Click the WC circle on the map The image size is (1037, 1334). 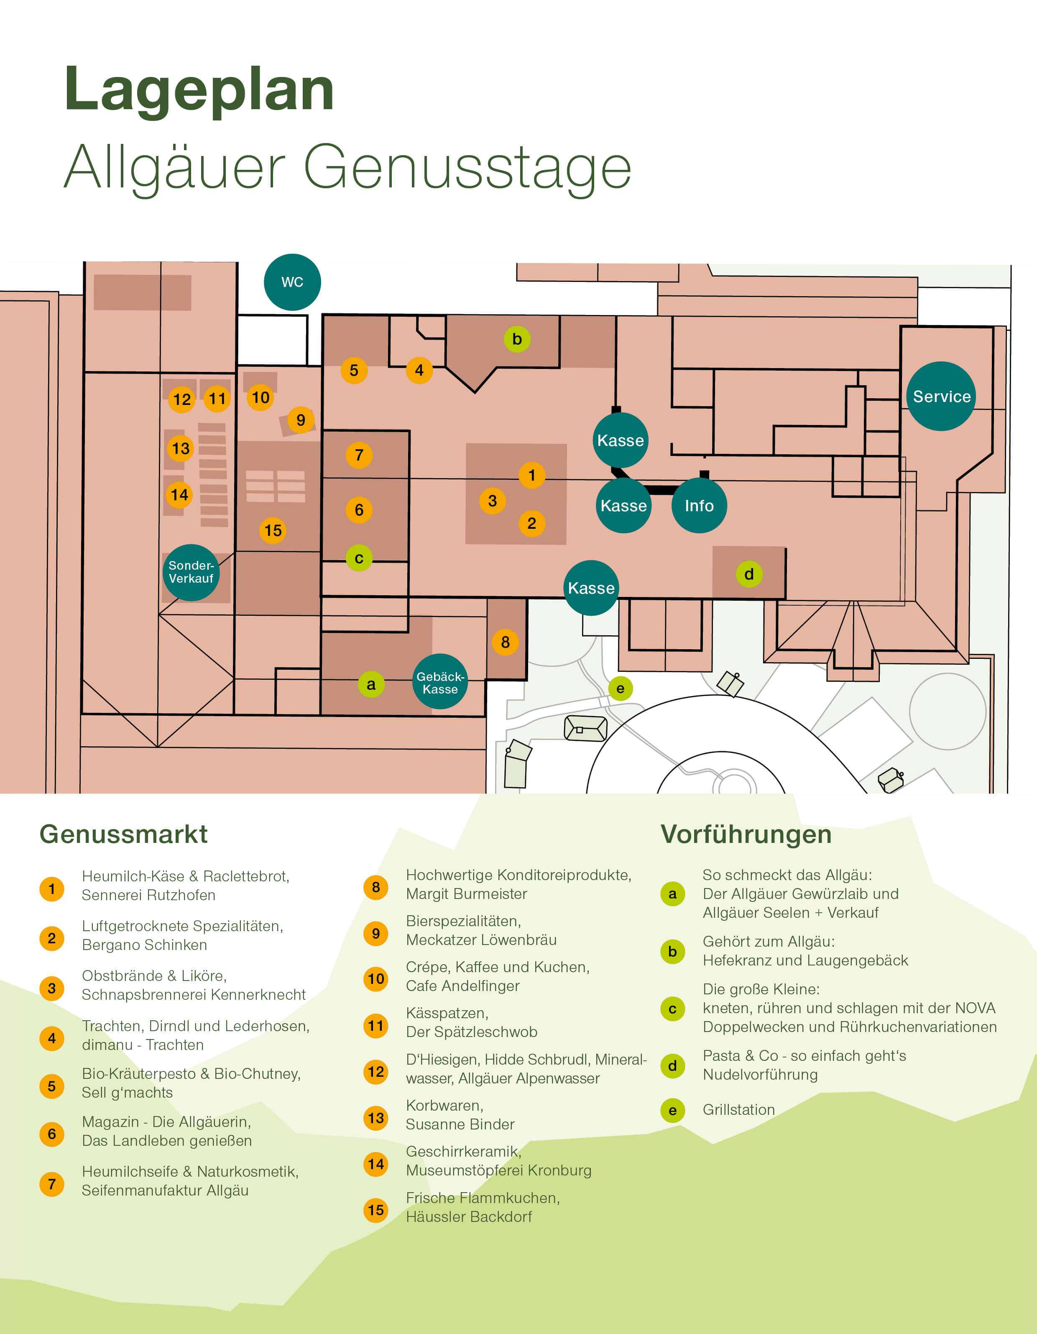click(x=292, y=282)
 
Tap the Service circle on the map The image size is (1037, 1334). click(x=941, y=397)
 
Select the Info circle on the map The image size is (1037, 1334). click(x=699, y=505)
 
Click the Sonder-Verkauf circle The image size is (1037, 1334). click(x=191, y=572)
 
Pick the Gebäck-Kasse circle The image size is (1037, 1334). click(x=440, y=682)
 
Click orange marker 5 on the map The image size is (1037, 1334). click(x=354, y=370)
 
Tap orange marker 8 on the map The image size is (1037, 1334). click(x=505, y=642)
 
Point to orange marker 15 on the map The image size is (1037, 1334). click(x=273, y=530)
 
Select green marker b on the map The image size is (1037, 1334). click(x=517, y=339)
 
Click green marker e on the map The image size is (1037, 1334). click(x=620, y=689)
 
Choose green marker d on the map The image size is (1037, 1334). click(x=749, y=574)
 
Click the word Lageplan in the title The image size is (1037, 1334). click(x=199, y=90)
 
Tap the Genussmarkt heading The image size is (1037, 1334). click(x=123, y=834)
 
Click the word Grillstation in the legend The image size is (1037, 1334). click(x=738, y=1109)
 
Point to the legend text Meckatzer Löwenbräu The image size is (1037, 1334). click(x=481, y=940)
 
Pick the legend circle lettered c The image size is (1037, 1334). click(x=672, y=1009)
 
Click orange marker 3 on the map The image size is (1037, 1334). click(x=492, y=501)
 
